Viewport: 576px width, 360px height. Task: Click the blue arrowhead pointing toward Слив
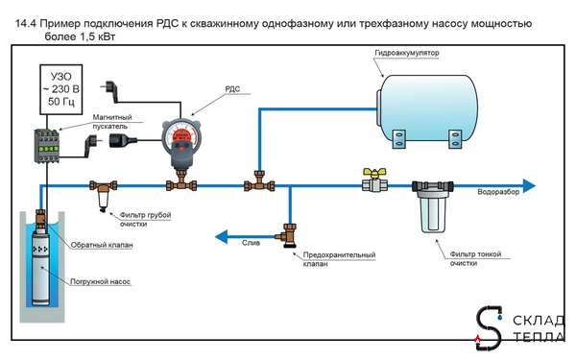(220, 233)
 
